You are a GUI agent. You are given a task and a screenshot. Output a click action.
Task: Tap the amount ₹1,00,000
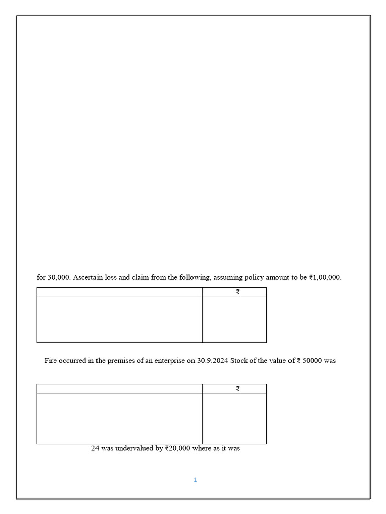[x=325, y=277]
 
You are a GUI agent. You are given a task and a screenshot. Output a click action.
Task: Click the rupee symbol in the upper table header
[x=238, y=292]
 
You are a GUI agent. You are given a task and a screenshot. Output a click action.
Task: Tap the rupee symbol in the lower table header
[x=238, y=389]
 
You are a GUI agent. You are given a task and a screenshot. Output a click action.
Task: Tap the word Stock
[x=240, y=361]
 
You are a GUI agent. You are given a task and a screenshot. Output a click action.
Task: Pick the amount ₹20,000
[x=177, y=448]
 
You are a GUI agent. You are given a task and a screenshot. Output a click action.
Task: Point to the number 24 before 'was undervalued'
[x=95, y=448]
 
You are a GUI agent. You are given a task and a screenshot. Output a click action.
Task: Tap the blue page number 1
[x=195, y=480]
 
